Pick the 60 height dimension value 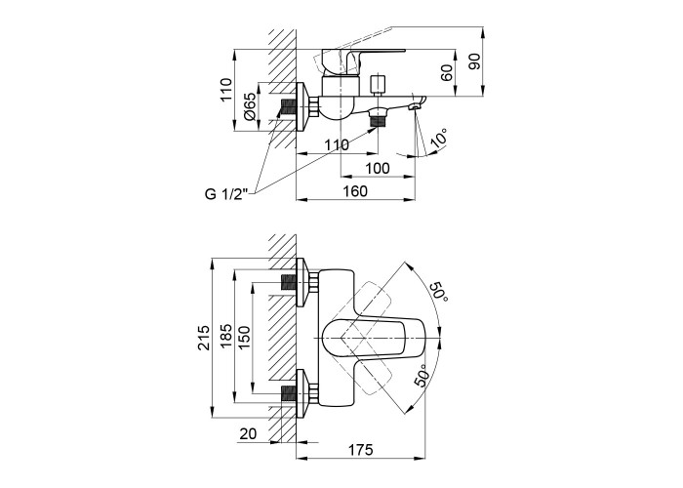pyautogui.click(x=446, y=73)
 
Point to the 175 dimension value pyautogui.click(x=363, y=450)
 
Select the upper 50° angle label pyautogui.click(x=437, y=291)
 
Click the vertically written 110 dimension pyautogui.click(x=225, y=91)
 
